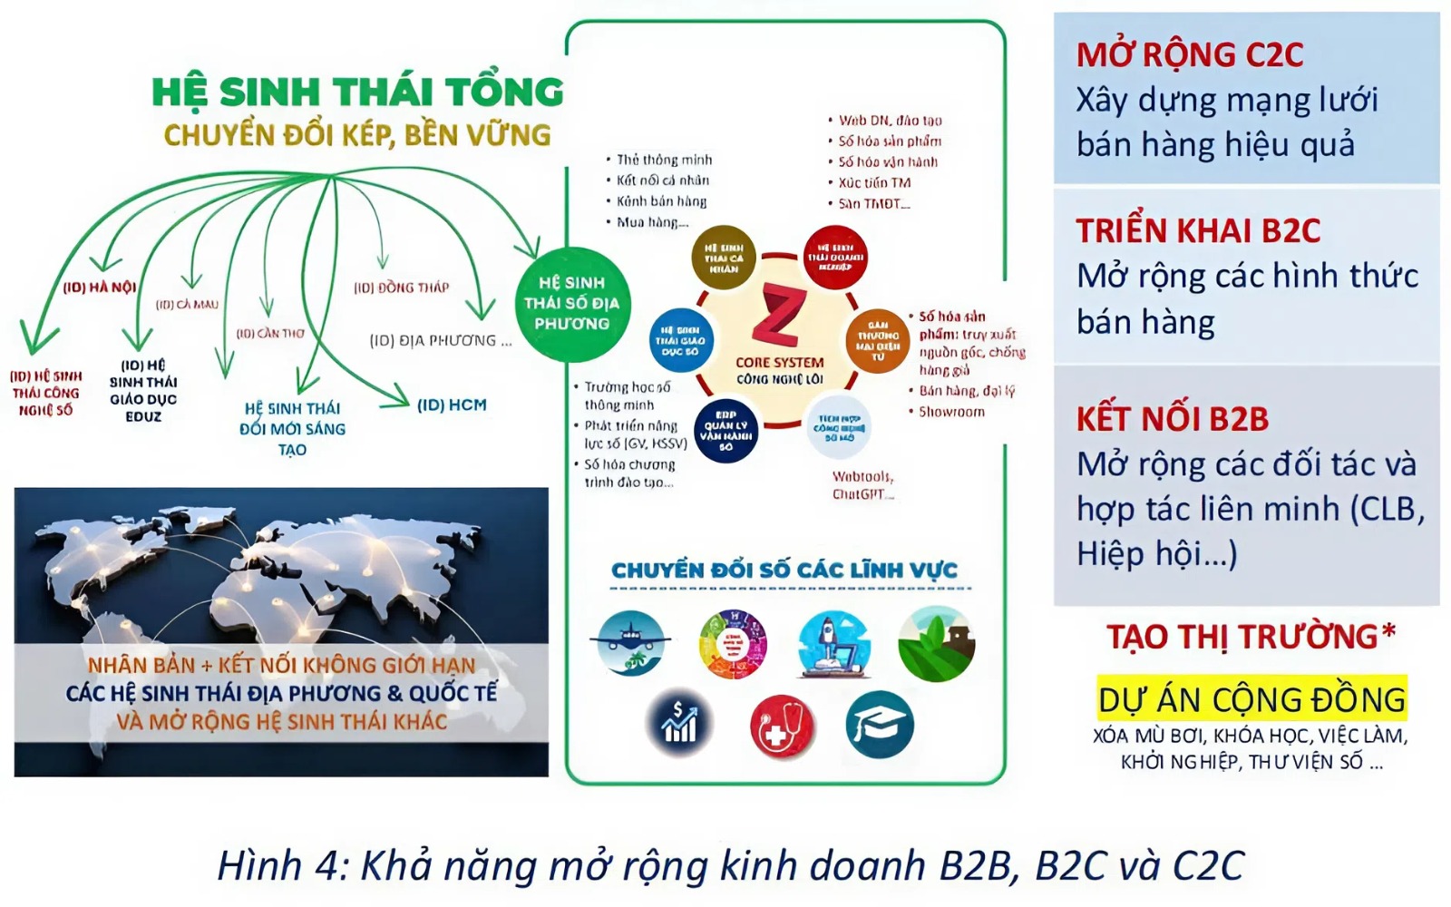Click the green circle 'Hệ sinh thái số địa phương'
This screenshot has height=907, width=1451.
coord(571,304)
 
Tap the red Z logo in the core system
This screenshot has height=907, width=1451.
coord(779,316)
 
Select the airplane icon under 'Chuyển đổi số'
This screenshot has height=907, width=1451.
coord(630,643)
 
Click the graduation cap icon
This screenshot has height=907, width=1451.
coord(879,724)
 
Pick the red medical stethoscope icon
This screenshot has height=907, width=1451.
coord(782,727)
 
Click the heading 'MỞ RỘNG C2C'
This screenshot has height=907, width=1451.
coord(1189,55)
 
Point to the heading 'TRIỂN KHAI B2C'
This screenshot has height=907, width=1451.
coord(1198,231)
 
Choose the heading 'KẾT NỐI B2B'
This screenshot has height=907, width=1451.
coord(1172,419)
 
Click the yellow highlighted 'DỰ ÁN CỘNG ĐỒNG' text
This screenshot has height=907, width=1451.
coord(1251,699)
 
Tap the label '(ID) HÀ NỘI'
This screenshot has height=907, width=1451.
coord(100,288)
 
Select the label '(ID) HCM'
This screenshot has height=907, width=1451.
coord(452,405)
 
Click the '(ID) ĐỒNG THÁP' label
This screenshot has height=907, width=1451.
coord(401,288)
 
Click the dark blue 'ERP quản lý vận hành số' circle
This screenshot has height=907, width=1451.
coord(725,431)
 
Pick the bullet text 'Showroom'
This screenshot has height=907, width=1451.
coord(951,412)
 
